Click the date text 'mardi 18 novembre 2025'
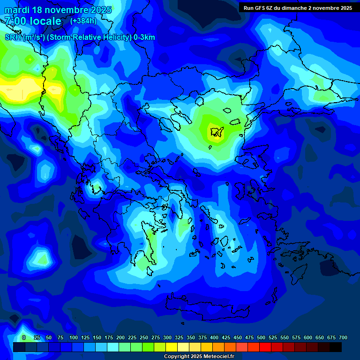point(58,10)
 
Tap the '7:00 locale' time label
point(33,21)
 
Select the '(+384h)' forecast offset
point(83,21)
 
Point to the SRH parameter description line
point(80,37)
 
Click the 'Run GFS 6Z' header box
point(298,8)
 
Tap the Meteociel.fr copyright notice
point(199,356)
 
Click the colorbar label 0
point(24,337)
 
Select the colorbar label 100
point(74,337)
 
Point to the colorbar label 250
point(144,337)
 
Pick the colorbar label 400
point(214,337)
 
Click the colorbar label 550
point(285,337)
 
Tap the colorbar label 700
point(343,337)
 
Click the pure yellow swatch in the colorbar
point(172,347)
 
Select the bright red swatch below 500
point(265,347)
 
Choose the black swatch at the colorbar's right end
point(336,347)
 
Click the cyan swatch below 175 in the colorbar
point(113,347)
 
